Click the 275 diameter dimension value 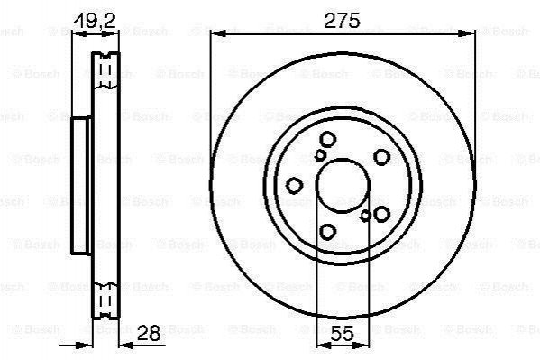[342, 21]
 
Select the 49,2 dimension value [95, 22]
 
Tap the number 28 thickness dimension [149, 333]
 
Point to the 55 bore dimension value [343, 333]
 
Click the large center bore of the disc [343, 186]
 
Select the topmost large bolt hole [327, 140]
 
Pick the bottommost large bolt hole [327, 231]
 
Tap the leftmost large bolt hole [295, 186]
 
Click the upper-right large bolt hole [381, 157]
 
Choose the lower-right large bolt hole [381, 214]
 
